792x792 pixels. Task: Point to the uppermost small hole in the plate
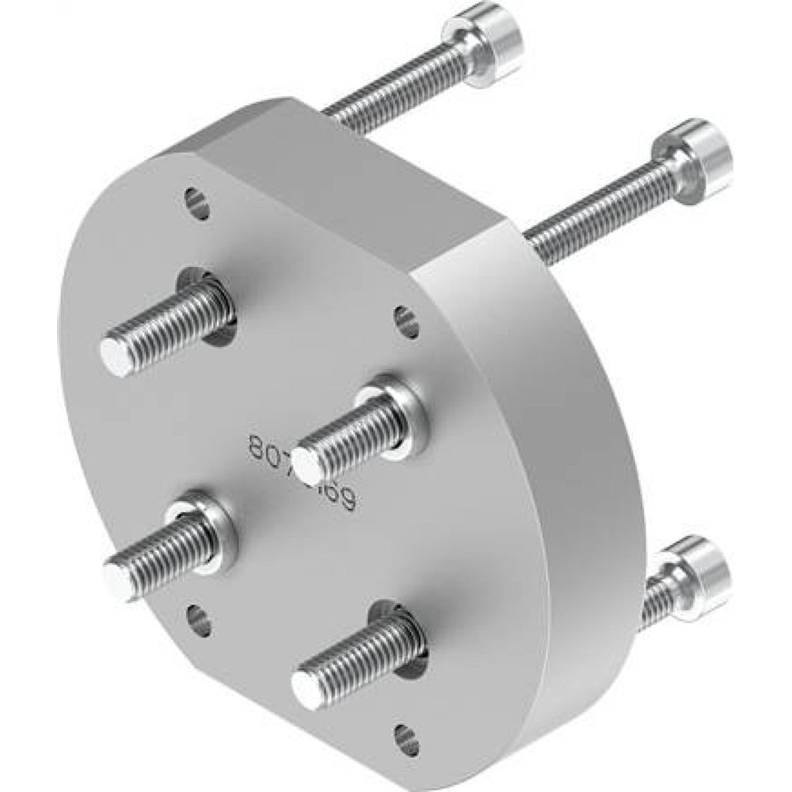pos(197,203)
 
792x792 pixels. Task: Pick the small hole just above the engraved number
pos(406,321)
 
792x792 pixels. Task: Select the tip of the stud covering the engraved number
pos(306,462)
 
